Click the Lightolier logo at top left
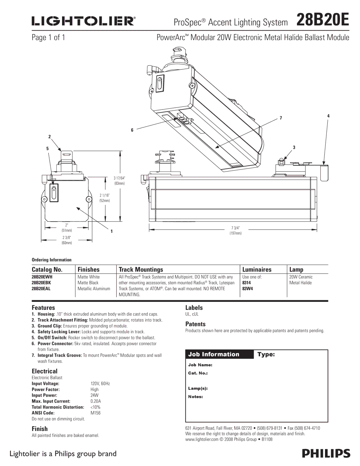pyautogui.click(x=84, y=21)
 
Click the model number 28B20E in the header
pyautogui.click(x=323, y=20)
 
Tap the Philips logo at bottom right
pyautogui.click(x=326, y=454)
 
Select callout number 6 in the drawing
pyautogui.click(x=132, y=130)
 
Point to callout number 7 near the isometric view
pyautogui.click(x=281, y=118)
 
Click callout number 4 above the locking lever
pyautogui.click(x=328, y=116)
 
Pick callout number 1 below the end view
pyautogui.click(x=112, y=231)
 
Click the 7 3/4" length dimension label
pyautogui.click(x=235, y=228)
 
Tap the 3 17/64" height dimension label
pyautogui.click(x=119, y=178)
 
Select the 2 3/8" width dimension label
pyautogui.click(x=67, y=238)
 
